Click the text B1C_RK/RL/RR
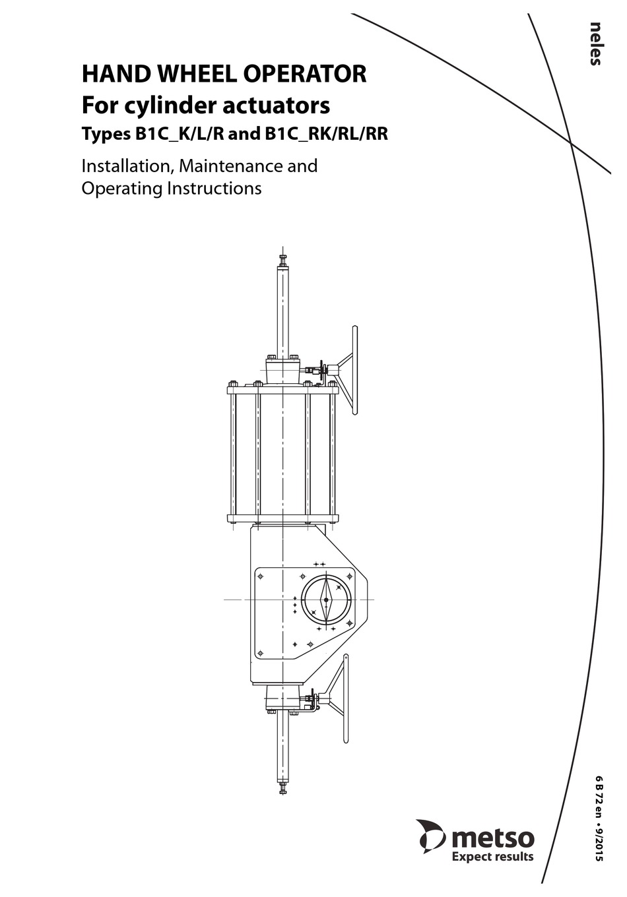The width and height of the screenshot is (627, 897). (x=326, y=134)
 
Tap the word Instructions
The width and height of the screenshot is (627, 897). (x=214, y=188)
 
